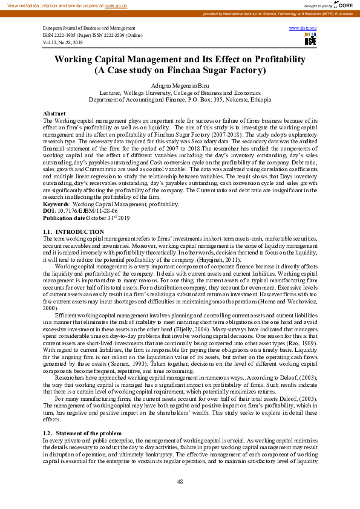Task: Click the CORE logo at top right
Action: [x=344, y=5]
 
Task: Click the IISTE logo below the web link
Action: [x=310, y=39]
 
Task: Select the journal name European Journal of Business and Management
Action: [x=89, y=28]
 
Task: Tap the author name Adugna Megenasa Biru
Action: [x=180, y=86]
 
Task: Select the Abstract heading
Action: [x=54, y=114]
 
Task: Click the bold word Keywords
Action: [x=56, y=204]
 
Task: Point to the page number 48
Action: [x=180, y=481]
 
